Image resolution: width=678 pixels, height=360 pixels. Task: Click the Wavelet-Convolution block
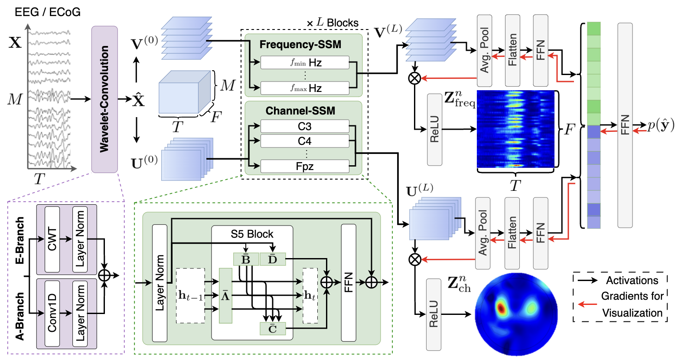[104, 99]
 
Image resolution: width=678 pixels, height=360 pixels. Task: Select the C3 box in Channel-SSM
[304, 126]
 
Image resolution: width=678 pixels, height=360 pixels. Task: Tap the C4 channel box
[304, 141]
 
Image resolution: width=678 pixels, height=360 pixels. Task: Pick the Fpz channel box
[304, 166]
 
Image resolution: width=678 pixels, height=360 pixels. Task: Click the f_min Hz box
[304, 63]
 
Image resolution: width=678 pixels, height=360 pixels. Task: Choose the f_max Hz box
[304, 88]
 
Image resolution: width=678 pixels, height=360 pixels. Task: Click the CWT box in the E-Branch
[52, 239]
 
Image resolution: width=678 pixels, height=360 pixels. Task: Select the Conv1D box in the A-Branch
[52, 313]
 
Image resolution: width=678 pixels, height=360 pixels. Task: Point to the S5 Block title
[252, 234]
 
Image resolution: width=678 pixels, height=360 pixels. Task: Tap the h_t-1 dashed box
[190, 295]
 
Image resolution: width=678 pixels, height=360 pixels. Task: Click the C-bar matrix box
[273, 328]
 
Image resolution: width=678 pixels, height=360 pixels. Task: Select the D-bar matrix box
[272, 259]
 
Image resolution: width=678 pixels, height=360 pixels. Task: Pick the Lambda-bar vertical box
[225, 295]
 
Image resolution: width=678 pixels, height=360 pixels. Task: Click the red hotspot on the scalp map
[501, 308]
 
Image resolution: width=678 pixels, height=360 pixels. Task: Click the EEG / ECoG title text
[48, 12]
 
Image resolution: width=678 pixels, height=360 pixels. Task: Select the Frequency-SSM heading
[300, 44]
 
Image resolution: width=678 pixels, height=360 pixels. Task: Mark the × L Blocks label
[332, 23]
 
